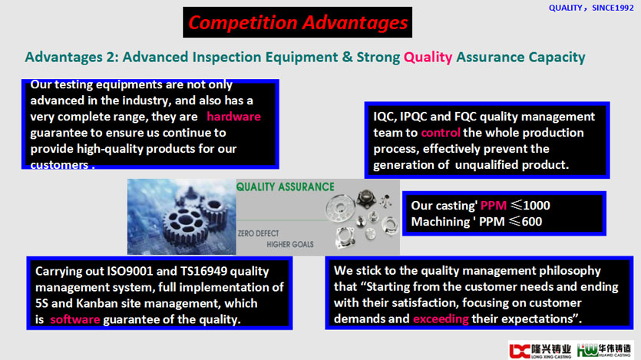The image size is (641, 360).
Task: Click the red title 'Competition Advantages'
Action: (x=298, y=22)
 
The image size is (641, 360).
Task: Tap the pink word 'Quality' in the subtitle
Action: (x=428, y=58)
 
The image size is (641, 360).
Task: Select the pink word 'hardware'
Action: (x=233, y=117)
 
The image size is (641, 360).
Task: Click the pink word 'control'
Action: (x=441, y=132)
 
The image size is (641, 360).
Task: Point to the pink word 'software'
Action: (x=74, y=319)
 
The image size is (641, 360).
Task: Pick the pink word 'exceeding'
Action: (x=441, y=319)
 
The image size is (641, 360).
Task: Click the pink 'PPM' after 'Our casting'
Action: (x=494, y=205)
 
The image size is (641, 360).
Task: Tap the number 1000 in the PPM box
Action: (x=537, y=205)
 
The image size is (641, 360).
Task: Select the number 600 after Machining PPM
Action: (x=531, y=222)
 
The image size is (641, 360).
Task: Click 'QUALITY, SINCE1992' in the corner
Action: (x=591, y=8)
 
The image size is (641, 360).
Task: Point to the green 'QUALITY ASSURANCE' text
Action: (x=286, y=187)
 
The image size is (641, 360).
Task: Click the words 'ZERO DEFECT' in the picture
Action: (x=259, y=233)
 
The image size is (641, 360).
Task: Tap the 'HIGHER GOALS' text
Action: (x=290, y=244)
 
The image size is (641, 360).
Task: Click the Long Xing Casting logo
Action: (x=540, y=351)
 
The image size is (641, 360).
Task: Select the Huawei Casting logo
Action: (x=604, y=351)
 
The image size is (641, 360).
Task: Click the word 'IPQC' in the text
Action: (x=413, y=117)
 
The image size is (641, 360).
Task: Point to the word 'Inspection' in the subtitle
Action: (x=226, y=58)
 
